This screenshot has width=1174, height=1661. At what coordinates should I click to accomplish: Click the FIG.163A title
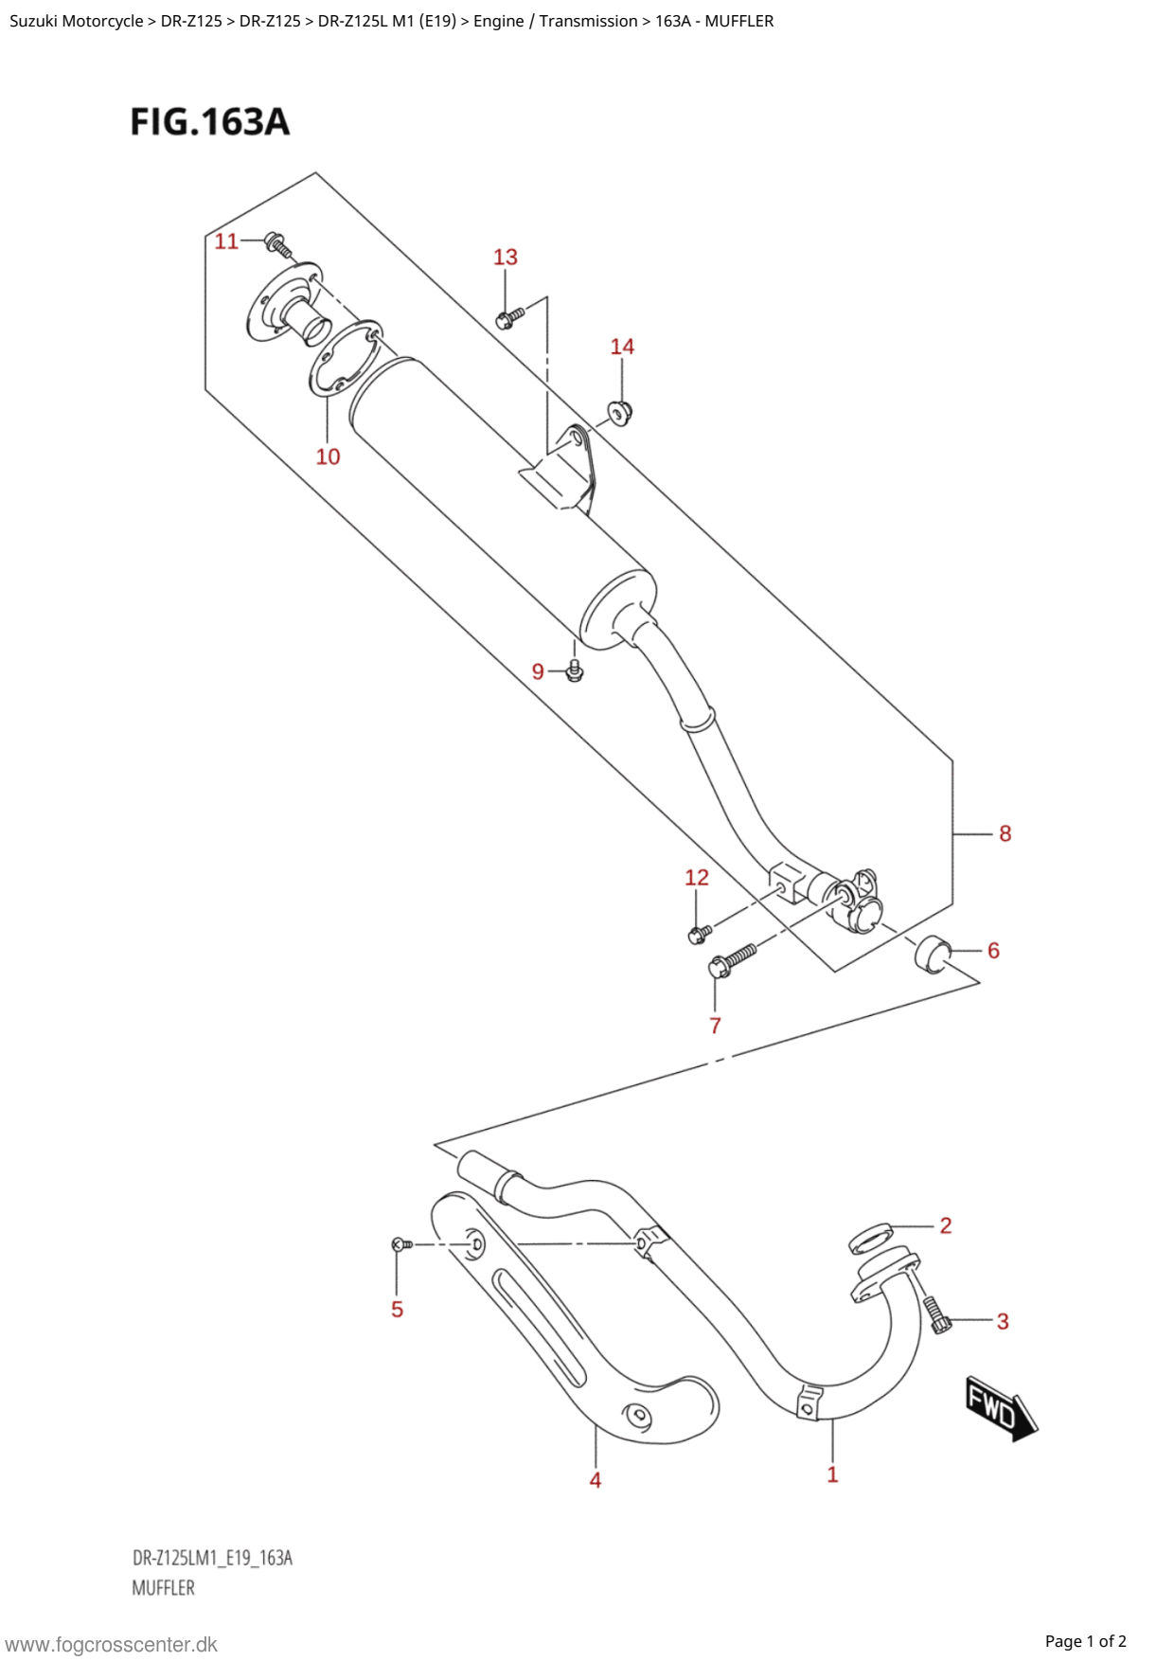pos(209,121)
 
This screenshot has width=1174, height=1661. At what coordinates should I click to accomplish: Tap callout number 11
pos(226,241)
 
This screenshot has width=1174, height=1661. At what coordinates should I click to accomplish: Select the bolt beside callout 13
pos(509,317)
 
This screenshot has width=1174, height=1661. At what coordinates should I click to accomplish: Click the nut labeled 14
pos(620,412)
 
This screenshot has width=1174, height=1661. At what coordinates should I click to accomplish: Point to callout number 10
pos(328,456)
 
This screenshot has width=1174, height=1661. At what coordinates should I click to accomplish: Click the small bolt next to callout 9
pos(574,670)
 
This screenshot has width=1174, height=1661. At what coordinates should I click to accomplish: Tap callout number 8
pos(1005,833)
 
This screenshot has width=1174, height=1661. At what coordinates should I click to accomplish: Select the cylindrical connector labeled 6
pos(933,953)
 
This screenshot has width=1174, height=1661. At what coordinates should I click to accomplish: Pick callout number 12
pos(696,878)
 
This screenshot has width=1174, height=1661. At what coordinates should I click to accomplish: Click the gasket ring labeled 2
pos(871,1237)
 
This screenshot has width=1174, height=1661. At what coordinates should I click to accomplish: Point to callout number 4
pos(595,1479)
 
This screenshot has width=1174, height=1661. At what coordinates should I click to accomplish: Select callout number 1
pos(832,1474)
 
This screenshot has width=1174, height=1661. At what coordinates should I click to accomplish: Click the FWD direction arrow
pos(999,1409)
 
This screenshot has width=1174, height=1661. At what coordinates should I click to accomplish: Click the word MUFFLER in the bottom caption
pos(163,1588)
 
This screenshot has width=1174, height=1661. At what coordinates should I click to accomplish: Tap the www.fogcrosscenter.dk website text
pos(111,1645)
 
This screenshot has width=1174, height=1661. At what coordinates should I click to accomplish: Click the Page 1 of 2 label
pos(1085,1641)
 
